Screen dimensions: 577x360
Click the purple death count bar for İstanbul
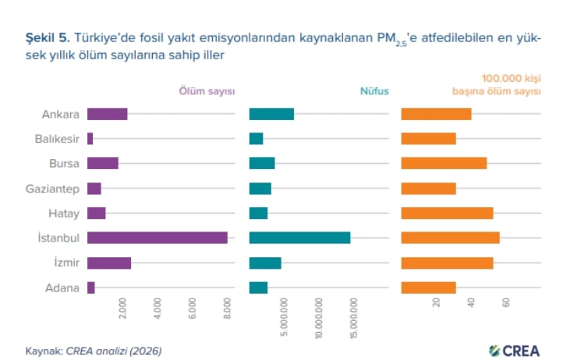pos(158,238)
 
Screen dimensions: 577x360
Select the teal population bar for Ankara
pos(271,114)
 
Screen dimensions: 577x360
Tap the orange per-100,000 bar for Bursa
pos(444,164)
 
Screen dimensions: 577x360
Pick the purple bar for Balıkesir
pos(90,139)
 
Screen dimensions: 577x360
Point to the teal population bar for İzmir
pos(265,263)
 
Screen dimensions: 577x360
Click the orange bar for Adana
pos(428,288)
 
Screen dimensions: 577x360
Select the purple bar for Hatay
pos(97,214)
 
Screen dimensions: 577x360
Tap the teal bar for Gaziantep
pos(260,189)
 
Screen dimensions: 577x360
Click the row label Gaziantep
pos(52,189)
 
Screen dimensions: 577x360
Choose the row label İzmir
pos(66,262)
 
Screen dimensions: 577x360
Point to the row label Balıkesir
pos(57,139)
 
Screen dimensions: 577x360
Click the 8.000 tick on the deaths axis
pos(228,308)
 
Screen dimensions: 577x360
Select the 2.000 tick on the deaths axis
pos(122,308)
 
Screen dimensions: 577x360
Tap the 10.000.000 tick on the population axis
pos(319,318)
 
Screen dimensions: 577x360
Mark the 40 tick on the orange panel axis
pos(471,302)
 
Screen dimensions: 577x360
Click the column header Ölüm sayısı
pos(207,91)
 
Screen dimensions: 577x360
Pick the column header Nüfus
pos(374,91)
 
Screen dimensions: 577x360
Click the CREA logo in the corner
pos(515,351)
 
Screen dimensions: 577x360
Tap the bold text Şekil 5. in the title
pos(48,37)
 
